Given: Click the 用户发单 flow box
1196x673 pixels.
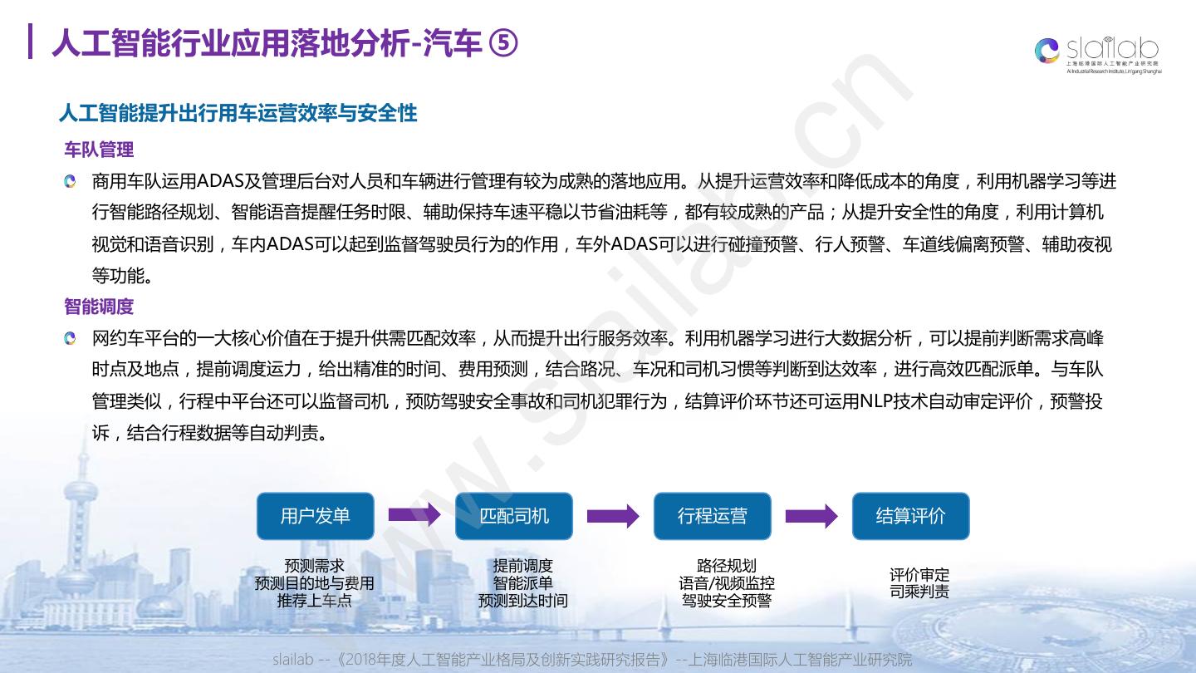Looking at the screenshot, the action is [x=315, y=516].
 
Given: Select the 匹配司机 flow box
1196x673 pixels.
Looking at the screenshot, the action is [x=514, y=516].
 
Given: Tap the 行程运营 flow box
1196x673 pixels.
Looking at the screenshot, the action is [x=712, y=516].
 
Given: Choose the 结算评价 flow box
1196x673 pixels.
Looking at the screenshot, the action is [x=910, y=516].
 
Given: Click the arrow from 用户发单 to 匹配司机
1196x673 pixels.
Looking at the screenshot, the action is [x=414, y=516].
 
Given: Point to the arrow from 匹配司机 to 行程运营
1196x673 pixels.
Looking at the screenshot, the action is [x=613, y=516].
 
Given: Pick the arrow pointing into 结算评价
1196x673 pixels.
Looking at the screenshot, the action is [x=811, y=516].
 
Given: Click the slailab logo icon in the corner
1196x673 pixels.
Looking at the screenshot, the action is [x=1048, y=50].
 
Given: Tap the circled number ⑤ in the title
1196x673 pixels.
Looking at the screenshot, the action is [x=502, y=43].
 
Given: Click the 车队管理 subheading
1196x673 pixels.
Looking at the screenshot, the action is [x=99, y=150].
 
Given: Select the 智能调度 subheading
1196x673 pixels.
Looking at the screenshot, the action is [x=99, y=307].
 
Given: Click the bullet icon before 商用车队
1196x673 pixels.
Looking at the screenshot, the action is [x=71, y=181].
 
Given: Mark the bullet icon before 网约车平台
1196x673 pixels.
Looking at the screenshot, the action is [x=71, y=338].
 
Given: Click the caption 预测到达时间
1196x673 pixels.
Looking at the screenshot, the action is [x=522, y=601].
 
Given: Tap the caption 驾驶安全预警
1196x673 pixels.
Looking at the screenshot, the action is [x=727, y=601].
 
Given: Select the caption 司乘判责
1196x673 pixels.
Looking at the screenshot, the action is [x=919, y=592].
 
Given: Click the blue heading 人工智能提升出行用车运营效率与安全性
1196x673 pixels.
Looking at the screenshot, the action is [x=238, y=113].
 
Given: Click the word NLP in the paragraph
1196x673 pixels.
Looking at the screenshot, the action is [x=876, y=401].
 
